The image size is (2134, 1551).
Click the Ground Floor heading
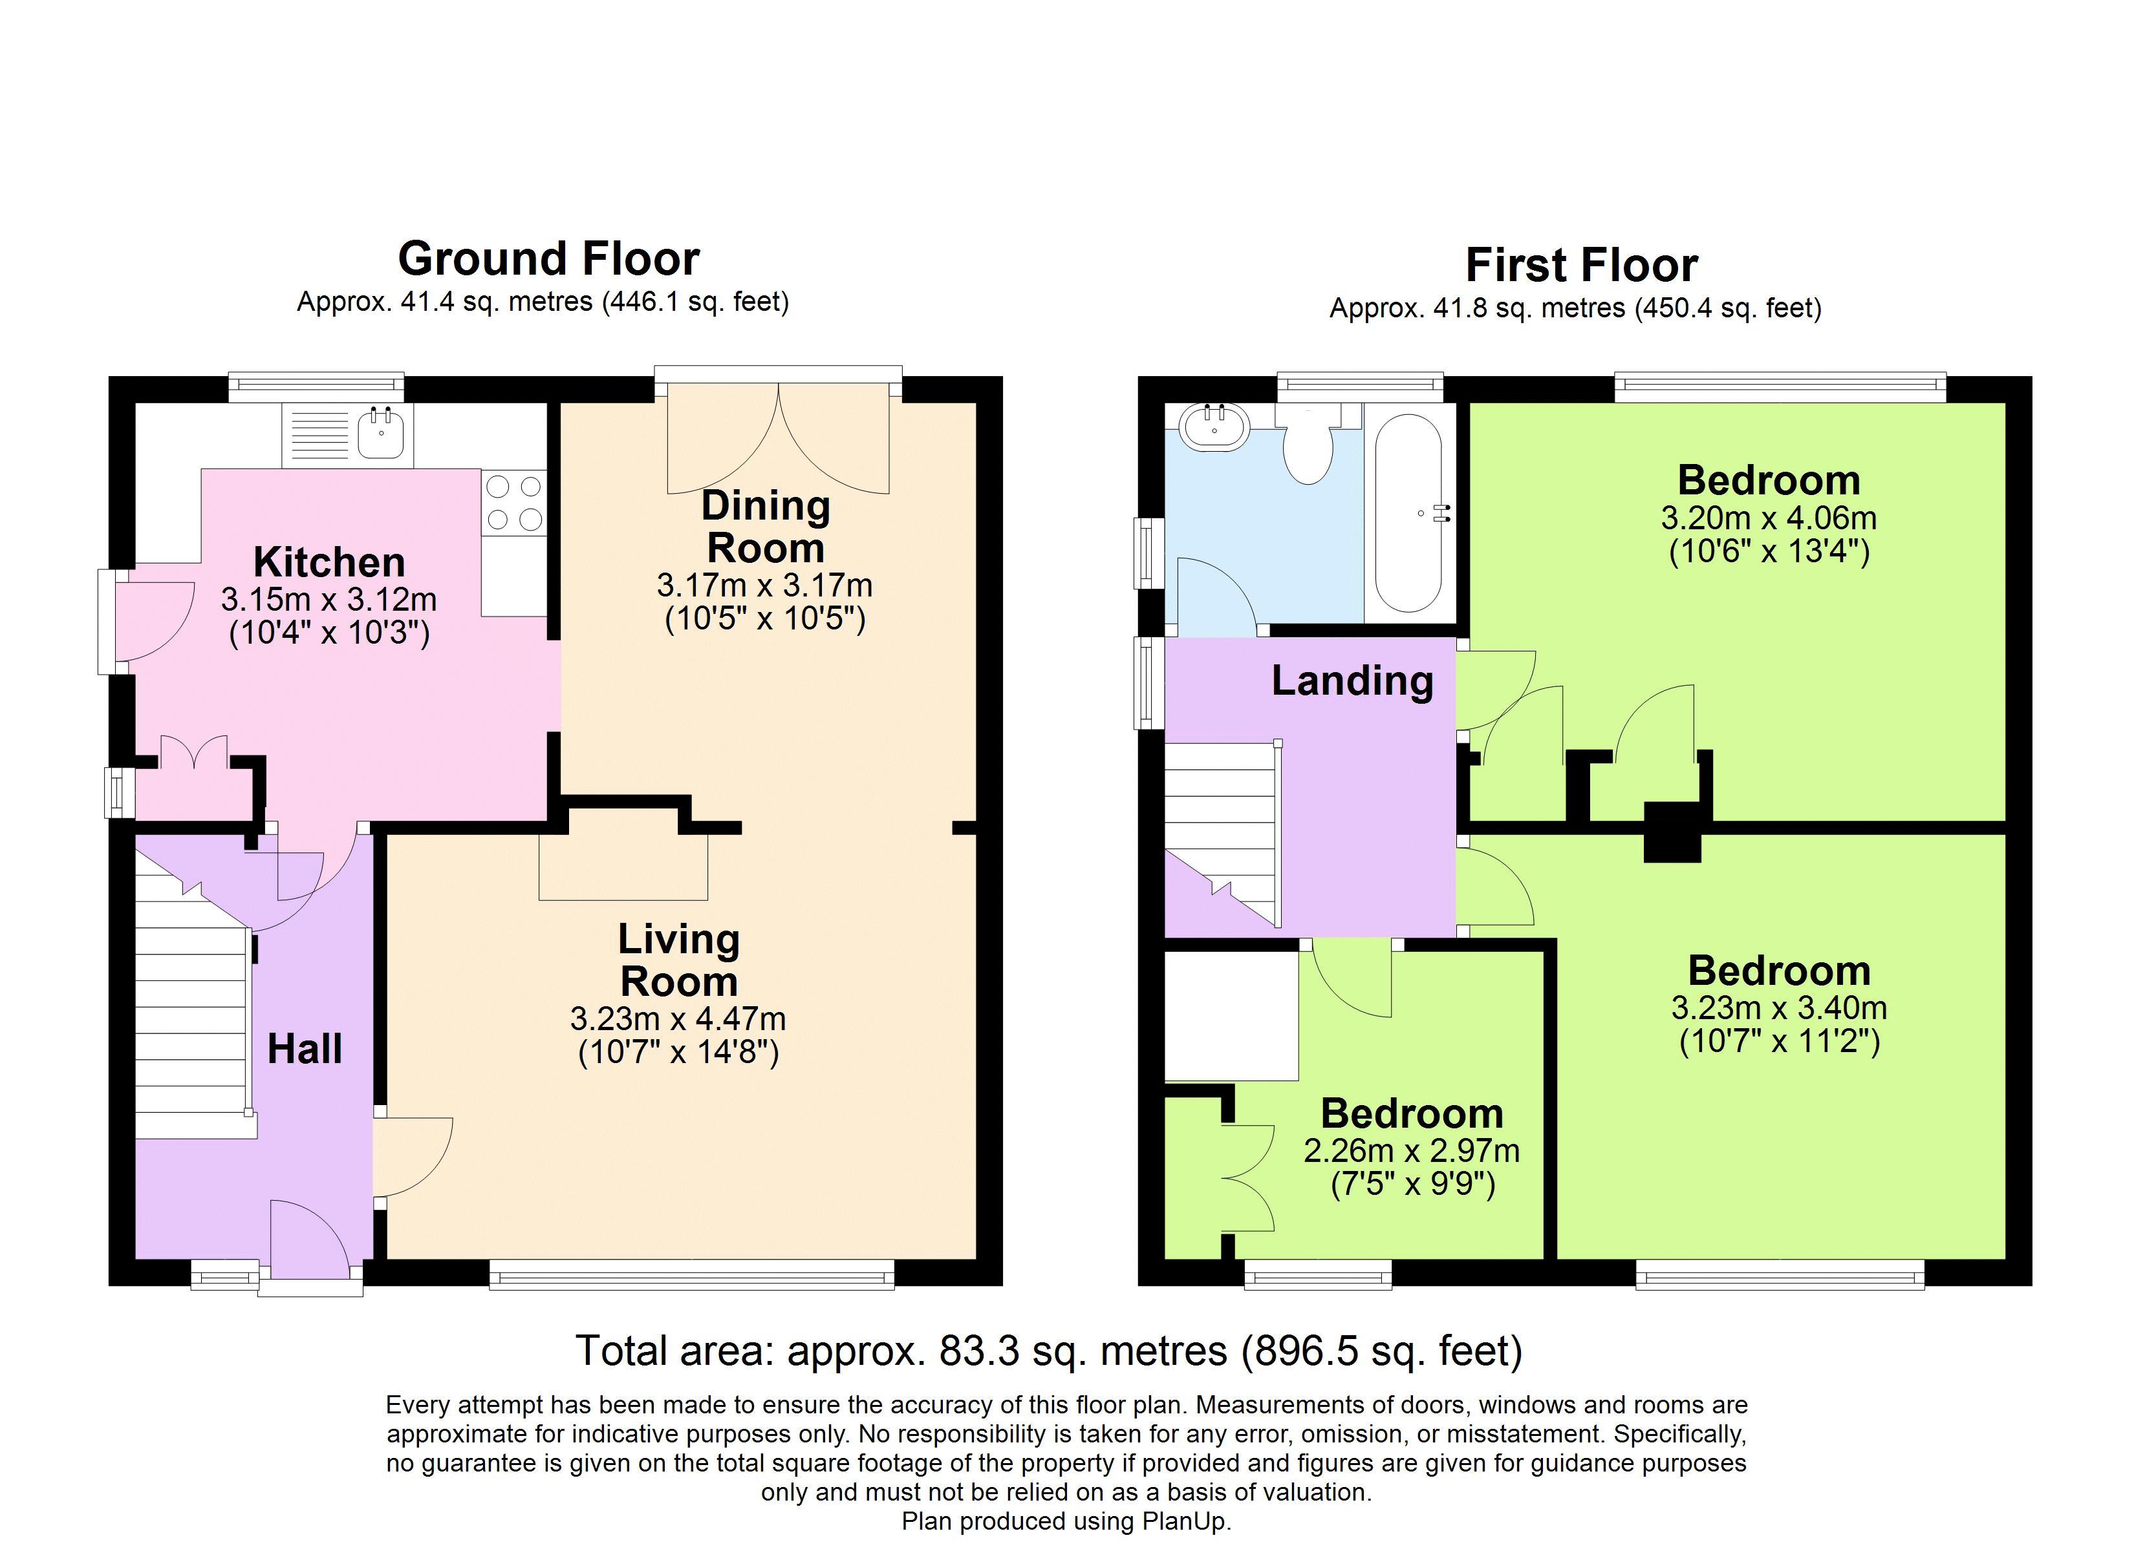click(x=548, y=258)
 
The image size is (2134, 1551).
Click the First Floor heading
click(x=1582, y=265)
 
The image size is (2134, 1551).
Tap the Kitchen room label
click(x=329, y=562)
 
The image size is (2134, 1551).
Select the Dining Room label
click(x=766, y=527)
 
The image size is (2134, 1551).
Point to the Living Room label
click(x=678, y=960)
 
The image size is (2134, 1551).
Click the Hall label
click(x=305, y=1049)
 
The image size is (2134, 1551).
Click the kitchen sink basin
click(x=381, y=434)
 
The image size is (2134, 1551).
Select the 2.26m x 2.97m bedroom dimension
click(x=1412, y=1150)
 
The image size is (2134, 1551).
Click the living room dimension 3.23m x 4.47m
click(x=678, y=1018)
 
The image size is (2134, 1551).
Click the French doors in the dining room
click(x=778, y=438)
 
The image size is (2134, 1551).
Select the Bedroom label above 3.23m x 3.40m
click(x=1779, y=971)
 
